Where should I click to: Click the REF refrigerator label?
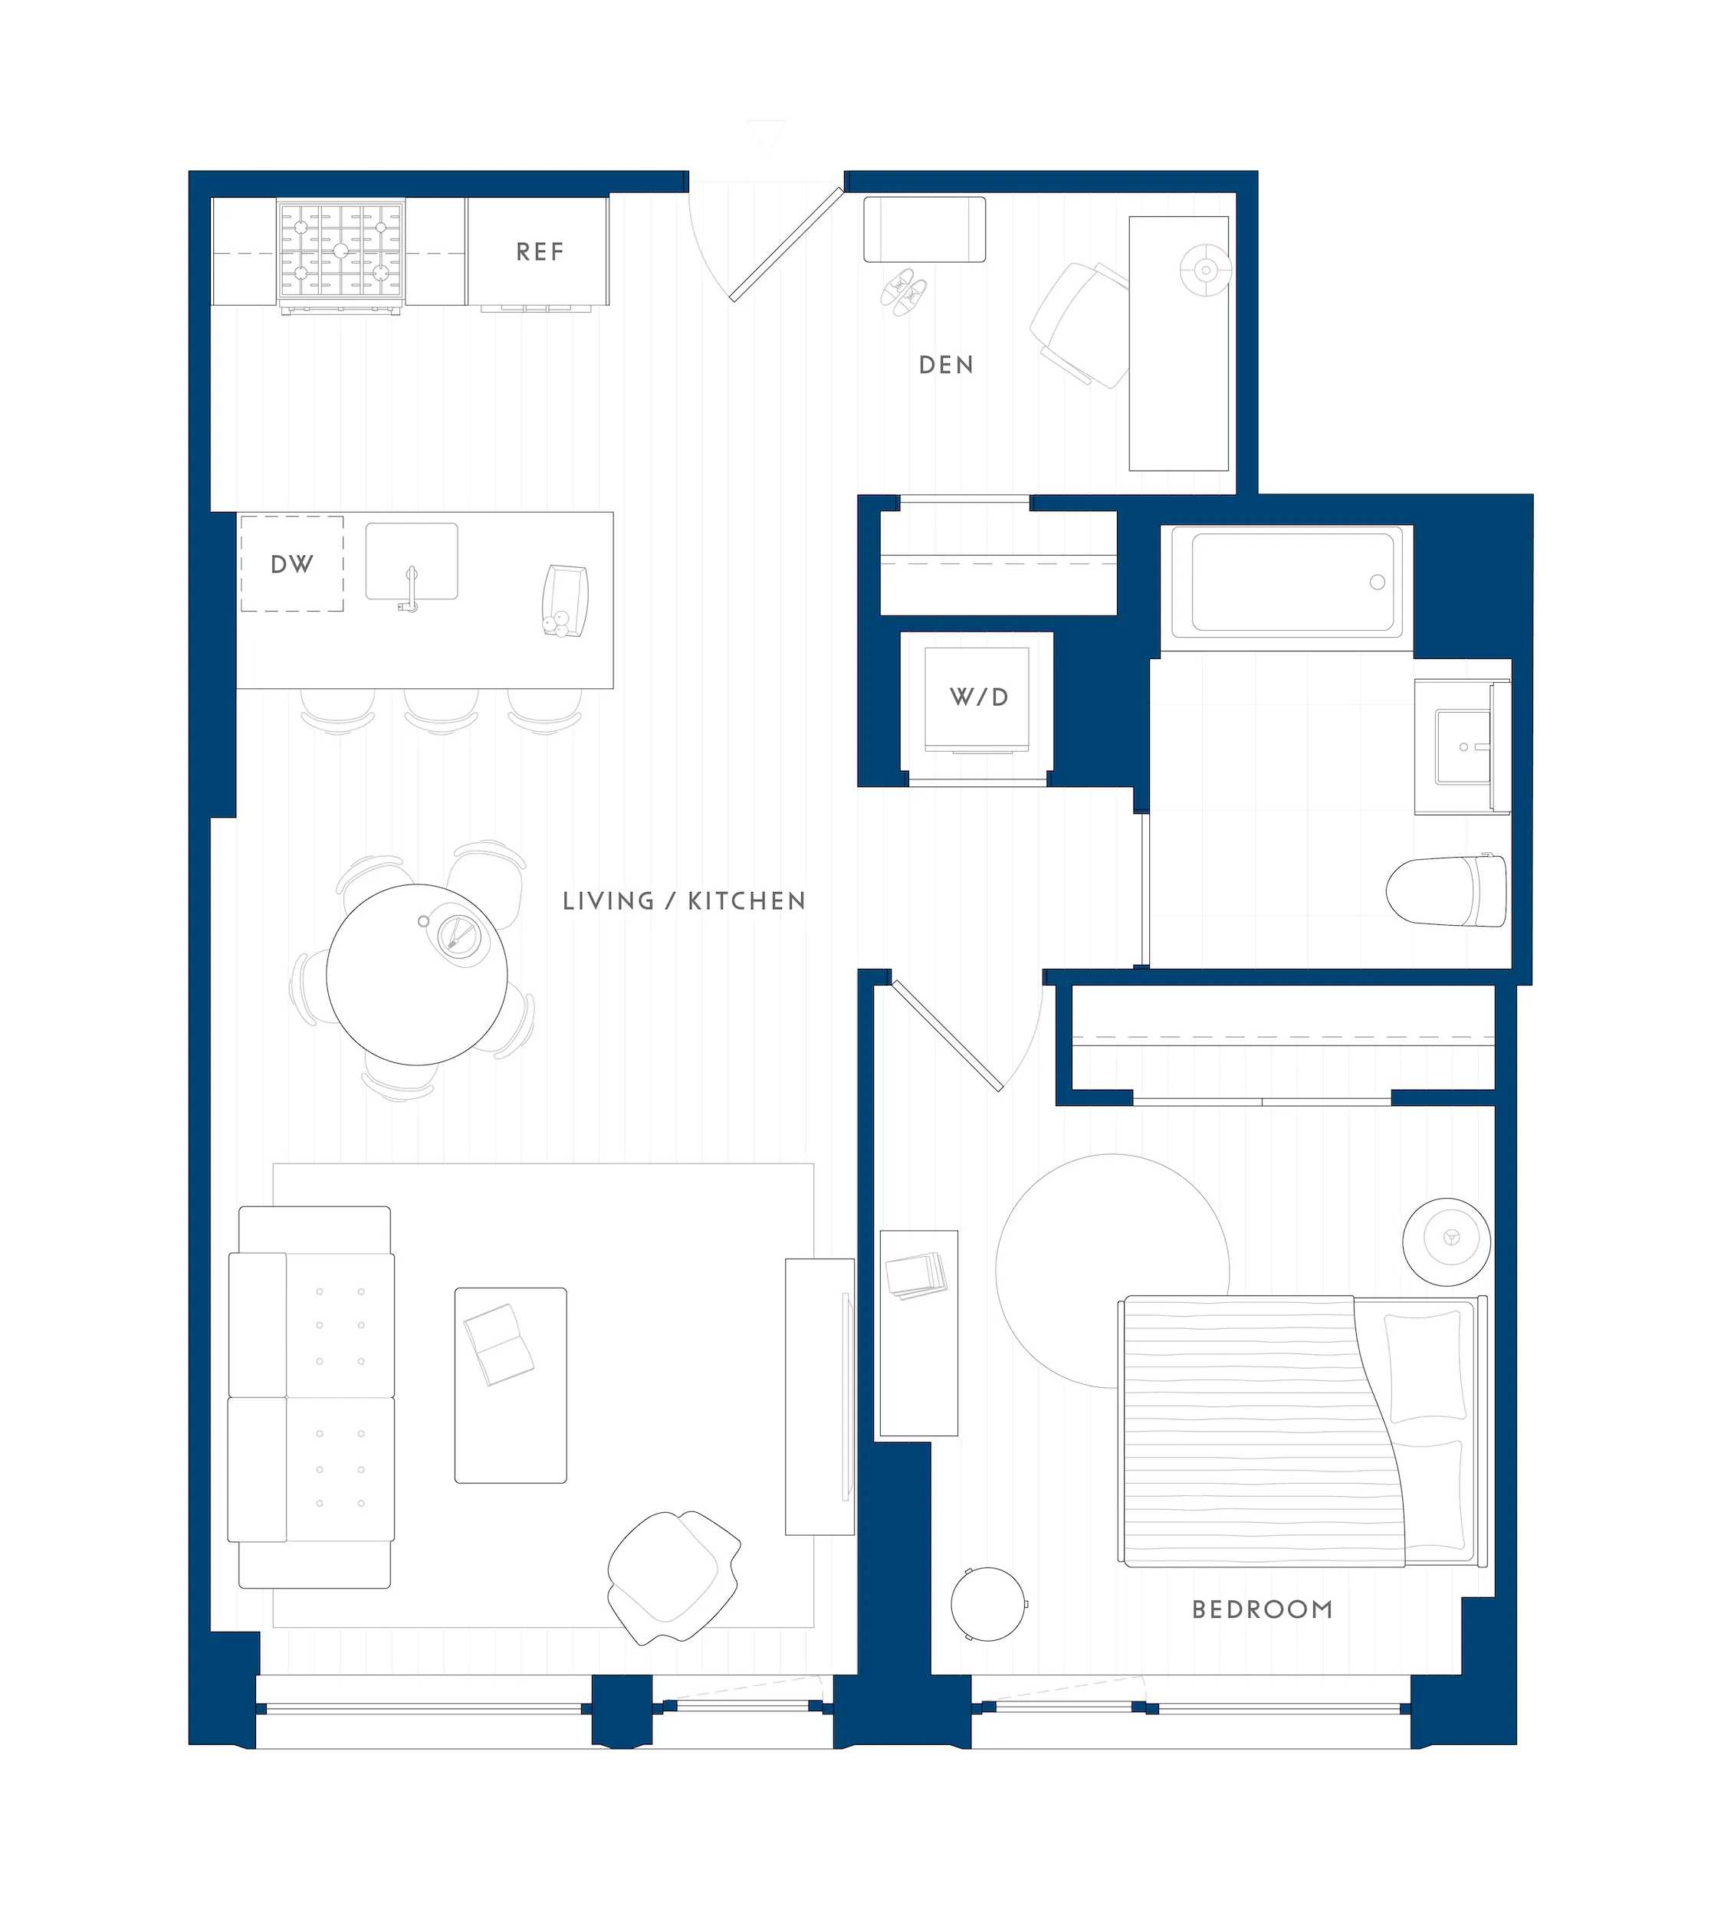coord(540,252)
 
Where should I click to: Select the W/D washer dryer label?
coord(979,697)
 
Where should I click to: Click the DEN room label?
coord(946,365)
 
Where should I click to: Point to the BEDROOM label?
coord(1262,1609)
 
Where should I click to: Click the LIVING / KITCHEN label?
coord(684,901)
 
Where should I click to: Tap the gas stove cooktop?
coord(340,251)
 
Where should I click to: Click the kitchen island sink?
coord(412,563)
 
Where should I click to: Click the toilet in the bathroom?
coord(1447,891)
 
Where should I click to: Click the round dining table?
coord(416,975)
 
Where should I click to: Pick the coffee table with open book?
coord(511,1385)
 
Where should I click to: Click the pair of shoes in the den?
coord(904,291)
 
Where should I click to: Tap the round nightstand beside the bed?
coord(1446,1242)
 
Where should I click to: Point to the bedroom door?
coord(948,1036)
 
